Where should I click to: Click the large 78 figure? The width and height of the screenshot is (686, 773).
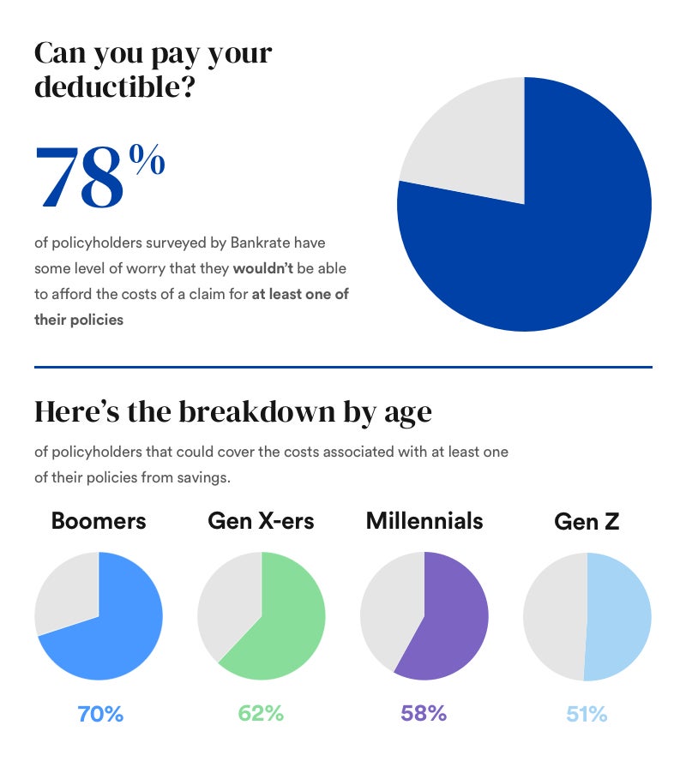[79, 179]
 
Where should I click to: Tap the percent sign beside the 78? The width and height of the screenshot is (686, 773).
[147, 160]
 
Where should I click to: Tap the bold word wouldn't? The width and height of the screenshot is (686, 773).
[262, 268]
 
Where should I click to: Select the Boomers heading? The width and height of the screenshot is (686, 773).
[99, 521]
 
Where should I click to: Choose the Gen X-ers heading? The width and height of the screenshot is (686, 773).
[262, 521]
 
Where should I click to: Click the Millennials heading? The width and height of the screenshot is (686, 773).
[424, 521]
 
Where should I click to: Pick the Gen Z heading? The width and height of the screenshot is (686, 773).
[587, 522]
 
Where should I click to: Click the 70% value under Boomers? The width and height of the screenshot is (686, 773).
[100, 714]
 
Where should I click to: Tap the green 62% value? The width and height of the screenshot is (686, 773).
[262, 714]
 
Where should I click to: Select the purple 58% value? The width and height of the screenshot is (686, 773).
[424, 714]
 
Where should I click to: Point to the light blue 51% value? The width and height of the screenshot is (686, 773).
[587, 714]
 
